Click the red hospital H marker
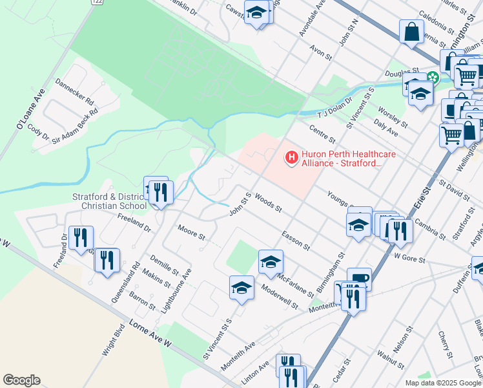[291, 156]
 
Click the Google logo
[22, 380]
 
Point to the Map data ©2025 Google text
[442, 383]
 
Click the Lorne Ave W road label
[149, 333]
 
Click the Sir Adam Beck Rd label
[76, 123]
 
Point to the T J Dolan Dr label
[334, 105]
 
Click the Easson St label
[296, 241]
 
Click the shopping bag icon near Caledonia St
[411, 31]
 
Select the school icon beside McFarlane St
[271, 261]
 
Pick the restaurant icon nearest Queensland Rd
[107, 260]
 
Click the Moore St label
[191, 230]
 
